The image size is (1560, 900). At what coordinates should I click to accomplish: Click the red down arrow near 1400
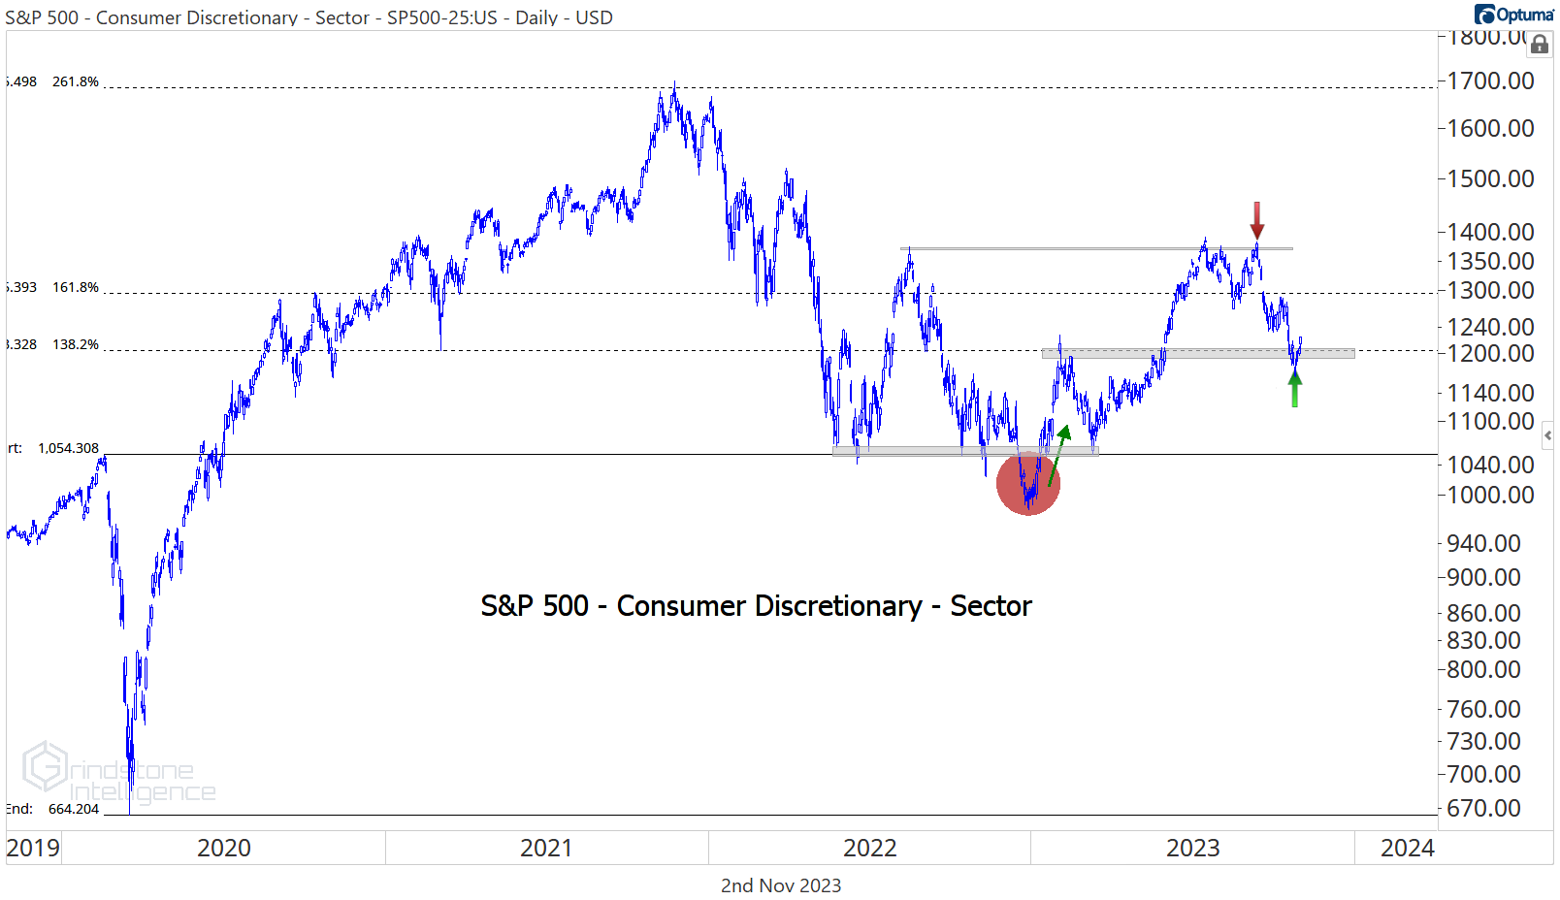pyautogui.click(x=1256, y=220)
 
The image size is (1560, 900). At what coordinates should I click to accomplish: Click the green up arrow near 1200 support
pyautogui.click(x=1294, y=389)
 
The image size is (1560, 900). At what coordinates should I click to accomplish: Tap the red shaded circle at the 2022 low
pyautogui.click(x=1028, y=483)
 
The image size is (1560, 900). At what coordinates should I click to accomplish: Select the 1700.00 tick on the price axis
pyautogui.click(x=1490, y=81)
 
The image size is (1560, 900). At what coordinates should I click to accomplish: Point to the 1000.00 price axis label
pyautogui.click(x=1490, y=495)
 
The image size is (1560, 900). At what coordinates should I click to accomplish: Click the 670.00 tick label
pyautogui.click(x=1483, y=808)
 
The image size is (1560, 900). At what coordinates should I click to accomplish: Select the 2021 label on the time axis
pyautogui.click(x=546, y=848)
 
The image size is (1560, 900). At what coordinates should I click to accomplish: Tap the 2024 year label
pyautogui.click(x=1407, y=848)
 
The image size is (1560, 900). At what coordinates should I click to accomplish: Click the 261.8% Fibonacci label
pyautogui.click(x=76, y=81)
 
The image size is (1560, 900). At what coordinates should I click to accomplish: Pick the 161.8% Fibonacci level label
pyautogui.click(x=76, y=287)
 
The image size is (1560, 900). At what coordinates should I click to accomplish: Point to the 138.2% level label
pyautogui.click(x=76, y=344)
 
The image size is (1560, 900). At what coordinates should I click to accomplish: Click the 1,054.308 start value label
pyautogui.click(x=68, y=448)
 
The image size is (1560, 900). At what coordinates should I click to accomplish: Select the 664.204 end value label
pyautogui.click(x=74, y=809)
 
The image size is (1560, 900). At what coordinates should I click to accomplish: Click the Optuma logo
pyautogui.click(x=1513, y=14)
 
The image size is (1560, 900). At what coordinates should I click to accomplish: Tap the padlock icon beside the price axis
pyautogui.click(x=1540, y=45)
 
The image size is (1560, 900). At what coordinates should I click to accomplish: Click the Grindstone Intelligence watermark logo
pyautogui.click(x=46, y=767)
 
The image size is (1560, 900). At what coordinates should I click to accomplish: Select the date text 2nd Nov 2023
pyautogui.click(x=781, y=885)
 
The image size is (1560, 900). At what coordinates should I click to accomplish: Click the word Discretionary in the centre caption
pyautogui.click(x=769, y=606)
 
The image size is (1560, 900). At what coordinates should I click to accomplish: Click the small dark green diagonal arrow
pyautogui.click(x=1058, y=455)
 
